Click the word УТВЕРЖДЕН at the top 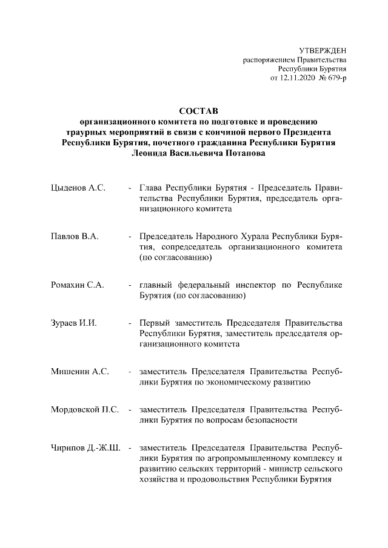coord(323,50)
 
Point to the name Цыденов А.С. coord(79,188)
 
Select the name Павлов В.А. coord(75,236)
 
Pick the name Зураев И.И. coord(74,323)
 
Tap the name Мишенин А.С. coord(80,371)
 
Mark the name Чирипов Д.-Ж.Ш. coord(86,448)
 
